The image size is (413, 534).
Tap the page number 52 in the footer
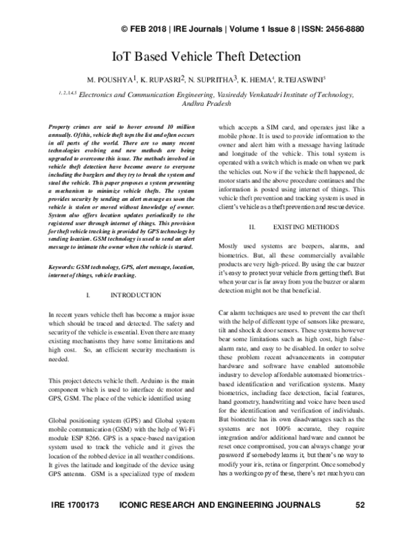359,524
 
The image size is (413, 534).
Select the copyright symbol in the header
116,30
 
